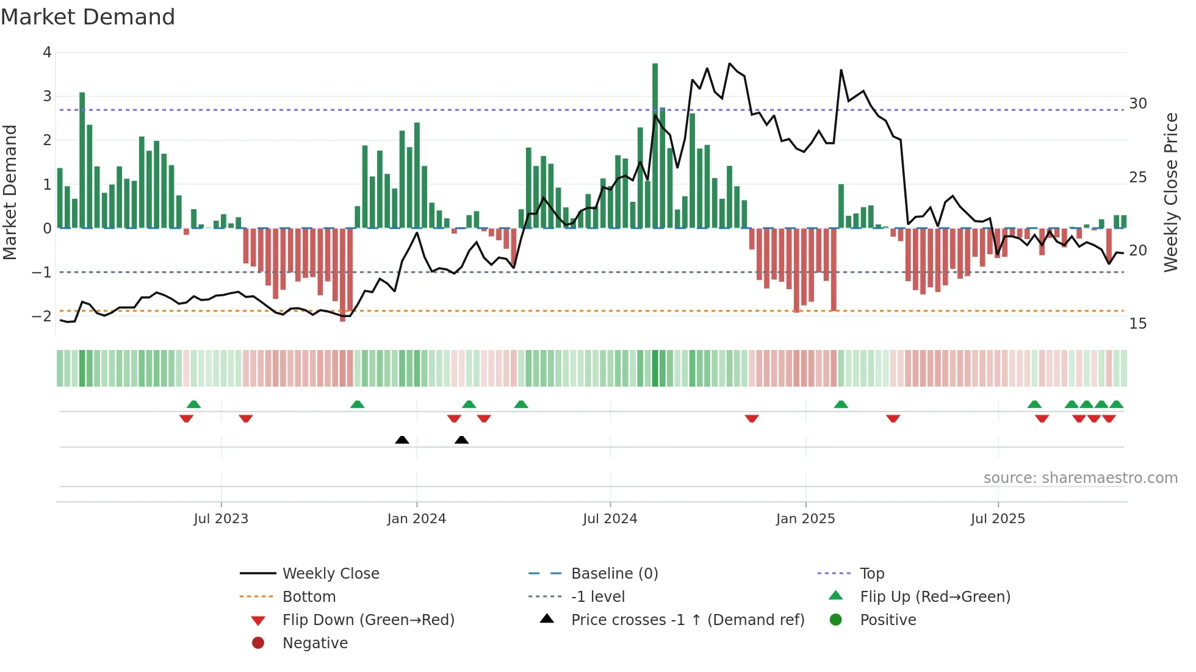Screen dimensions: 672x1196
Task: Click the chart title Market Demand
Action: coord(88,17)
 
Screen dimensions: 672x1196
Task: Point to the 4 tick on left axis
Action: coord(47,52)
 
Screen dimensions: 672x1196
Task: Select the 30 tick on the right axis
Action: coord(1137,104)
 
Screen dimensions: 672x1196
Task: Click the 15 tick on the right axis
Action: coord(1137,324)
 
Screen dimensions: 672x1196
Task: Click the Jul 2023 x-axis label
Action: coord(221,519)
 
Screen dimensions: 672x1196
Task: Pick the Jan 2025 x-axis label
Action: coord(805,519)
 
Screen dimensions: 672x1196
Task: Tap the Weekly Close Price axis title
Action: coord(1170,192)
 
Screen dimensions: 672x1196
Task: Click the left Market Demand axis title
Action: coord(10,192)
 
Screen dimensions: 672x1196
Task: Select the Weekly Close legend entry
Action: coord(330,574)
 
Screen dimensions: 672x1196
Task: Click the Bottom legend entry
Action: coord(309,597)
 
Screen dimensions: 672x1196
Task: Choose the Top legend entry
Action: coord(872,574)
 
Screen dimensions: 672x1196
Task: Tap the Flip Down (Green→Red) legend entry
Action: coord(368,620)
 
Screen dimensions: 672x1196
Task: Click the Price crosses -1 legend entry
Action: coord(687,620)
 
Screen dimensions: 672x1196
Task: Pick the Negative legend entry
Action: coord(315,643)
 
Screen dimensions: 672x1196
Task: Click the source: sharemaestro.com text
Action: coord(1080,478)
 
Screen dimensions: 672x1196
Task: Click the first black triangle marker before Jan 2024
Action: coord(402,440)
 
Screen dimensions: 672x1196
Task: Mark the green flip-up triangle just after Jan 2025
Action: coord(841,404)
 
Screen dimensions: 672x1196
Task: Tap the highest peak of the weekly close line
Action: coord(730,63)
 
